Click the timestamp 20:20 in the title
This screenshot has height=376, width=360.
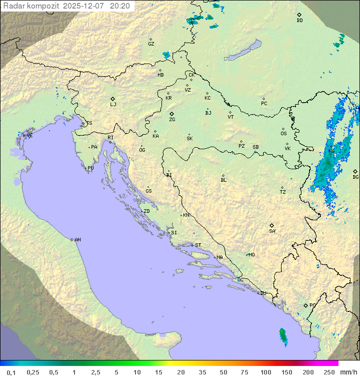click(119, 6)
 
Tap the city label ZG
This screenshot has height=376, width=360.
click(172, 120)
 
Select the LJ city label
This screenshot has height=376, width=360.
click(113, 104)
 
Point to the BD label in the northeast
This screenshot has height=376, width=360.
click(299, 21)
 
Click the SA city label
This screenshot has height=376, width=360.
click(272, 231)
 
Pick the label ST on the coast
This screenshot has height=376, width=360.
click(198, 245)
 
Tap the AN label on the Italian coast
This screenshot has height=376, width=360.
click(77, 240)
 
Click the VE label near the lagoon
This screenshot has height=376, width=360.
click(29, 136)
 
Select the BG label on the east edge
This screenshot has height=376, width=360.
click(355, 177)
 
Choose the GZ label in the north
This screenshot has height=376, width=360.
click(151, 44)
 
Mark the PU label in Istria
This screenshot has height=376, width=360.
click(90, 168)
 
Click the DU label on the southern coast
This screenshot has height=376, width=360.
click(262, 293)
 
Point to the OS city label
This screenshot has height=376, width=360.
click(283, 134)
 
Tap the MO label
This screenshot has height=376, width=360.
click(251, 254)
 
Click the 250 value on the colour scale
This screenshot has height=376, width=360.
click(328, 372)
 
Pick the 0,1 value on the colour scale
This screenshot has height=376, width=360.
click(11, 372)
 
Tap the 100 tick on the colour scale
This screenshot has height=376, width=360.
click(265, 372)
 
